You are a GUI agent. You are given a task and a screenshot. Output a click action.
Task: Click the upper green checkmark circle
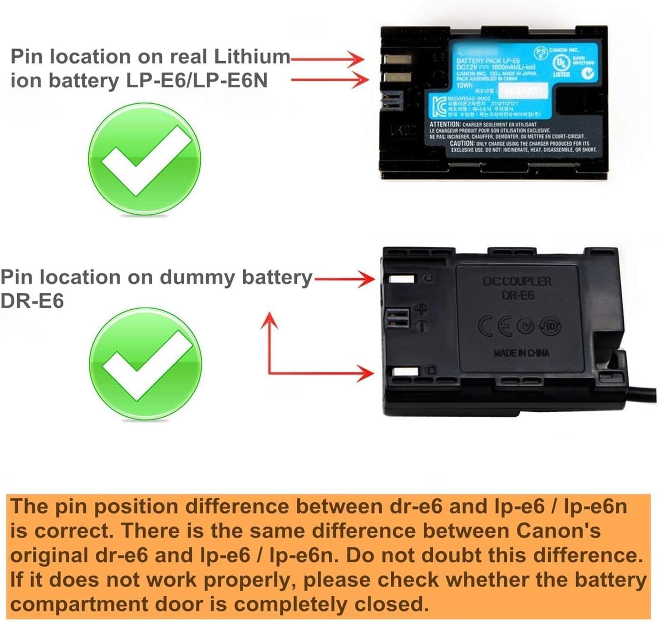coord(144,159)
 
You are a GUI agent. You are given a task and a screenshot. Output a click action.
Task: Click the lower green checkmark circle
coord(145,364)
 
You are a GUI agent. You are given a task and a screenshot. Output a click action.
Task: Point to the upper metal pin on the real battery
coord(397,60)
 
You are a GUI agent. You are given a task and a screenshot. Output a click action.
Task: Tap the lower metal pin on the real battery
coord(397,77)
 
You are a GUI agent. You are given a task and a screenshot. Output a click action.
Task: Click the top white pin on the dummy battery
coord(402,279)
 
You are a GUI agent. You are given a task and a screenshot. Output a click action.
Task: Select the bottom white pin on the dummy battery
coord(405,372)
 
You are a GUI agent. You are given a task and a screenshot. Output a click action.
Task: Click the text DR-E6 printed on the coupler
coord(518,296)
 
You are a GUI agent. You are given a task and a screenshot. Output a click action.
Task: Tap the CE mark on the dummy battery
coord(495,326)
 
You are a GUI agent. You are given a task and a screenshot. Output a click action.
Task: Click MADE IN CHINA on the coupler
coord(521,353)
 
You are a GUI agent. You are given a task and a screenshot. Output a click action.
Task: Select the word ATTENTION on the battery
coord(444,124)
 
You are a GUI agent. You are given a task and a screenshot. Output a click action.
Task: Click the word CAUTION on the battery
coord(461,143)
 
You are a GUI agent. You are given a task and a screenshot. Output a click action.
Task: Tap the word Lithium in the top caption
coord(251,56)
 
